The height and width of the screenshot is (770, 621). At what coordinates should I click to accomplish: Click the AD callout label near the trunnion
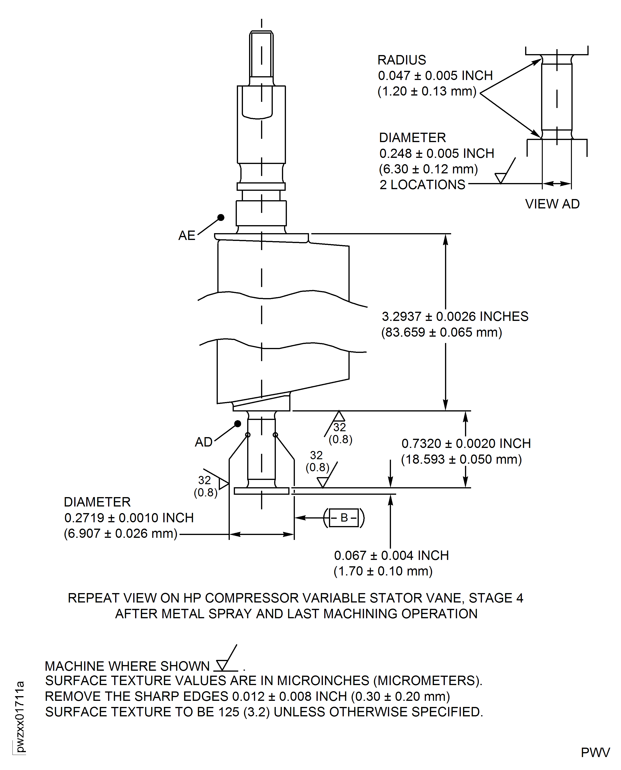click(203, 442)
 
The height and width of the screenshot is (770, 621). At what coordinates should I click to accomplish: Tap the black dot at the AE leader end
click(221, 217)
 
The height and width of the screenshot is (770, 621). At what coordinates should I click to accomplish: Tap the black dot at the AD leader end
click(238, 424)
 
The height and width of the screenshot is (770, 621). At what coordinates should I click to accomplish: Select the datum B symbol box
click(344, 518)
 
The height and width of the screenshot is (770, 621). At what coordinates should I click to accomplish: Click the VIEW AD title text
click(552, 204)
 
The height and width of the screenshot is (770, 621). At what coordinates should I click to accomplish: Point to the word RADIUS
click(402, 60)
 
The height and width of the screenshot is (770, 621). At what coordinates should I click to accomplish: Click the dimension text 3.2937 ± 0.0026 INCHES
click(455, 317)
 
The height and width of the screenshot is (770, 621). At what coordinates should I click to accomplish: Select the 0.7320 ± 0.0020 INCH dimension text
click(466, 444)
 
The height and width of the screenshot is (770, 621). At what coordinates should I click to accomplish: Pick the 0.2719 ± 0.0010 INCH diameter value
click(129, 518)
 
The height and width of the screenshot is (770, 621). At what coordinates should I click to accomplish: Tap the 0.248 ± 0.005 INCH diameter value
click(436, 154)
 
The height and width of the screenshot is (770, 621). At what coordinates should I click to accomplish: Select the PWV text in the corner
click(595, 752)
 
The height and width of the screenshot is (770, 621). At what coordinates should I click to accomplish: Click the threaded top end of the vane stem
click(261, 54)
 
